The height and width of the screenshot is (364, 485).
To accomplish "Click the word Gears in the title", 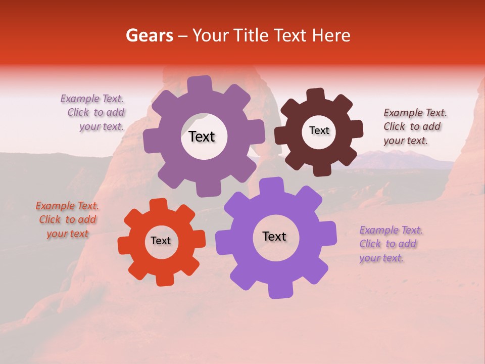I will click(x=150, y=35).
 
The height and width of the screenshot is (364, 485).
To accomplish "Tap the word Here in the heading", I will click(x=331, y=35).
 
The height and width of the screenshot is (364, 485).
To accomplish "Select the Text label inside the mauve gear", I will click(x=202, y=136).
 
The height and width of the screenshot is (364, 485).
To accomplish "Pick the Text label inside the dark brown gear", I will click(x=319, y=130).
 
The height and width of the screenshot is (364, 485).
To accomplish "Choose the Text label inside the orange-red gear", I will click(x=161, y=241).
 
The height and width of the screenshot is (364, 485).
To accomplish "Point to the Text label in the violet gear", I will click(x=274, y=236).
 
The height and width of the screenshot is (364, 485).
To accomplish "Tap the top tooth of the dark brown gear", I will click(x=316, y=95).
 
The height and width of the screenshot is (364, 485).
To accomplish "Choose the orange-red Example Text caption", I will click(x=67, y=219).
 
